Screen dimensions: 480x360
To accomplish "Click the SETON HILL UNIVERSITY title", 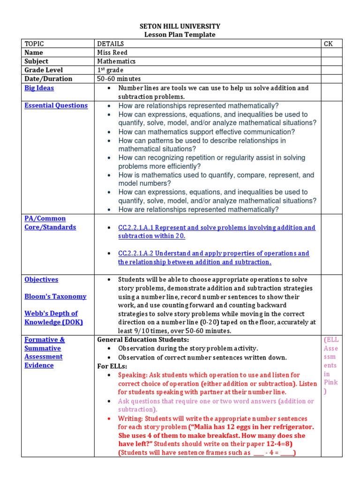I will [x=180, y=26].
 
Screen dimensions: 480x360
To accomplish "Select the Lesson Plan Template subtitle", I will [x=180, y=35].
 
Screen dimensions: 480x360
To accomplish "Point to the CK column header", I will [x=328, y=44].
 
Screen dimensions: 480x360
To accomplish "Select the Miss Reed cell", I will [x=112, y=52].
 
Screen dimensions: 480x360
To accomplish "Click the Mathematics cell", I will [x=117, y=61].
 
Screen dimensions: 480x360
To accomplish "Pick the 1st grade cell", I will [x=111, y=70].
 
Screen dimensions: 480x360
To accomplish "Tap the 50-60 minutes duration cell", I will [x=119, y=79].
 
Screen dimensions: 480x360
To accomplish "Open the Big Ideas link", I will [x=39, y=88].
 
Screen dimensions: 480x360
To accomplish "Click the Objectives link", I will [x=41, y=279].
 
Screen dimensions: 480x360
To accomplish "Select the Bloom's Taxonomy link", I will [x=55, y=296].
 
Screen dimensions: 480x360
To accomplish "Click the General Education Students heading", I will [x=143, y=340].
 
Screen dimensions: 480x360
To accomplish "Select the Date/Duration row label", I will [x=48, y=79].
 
